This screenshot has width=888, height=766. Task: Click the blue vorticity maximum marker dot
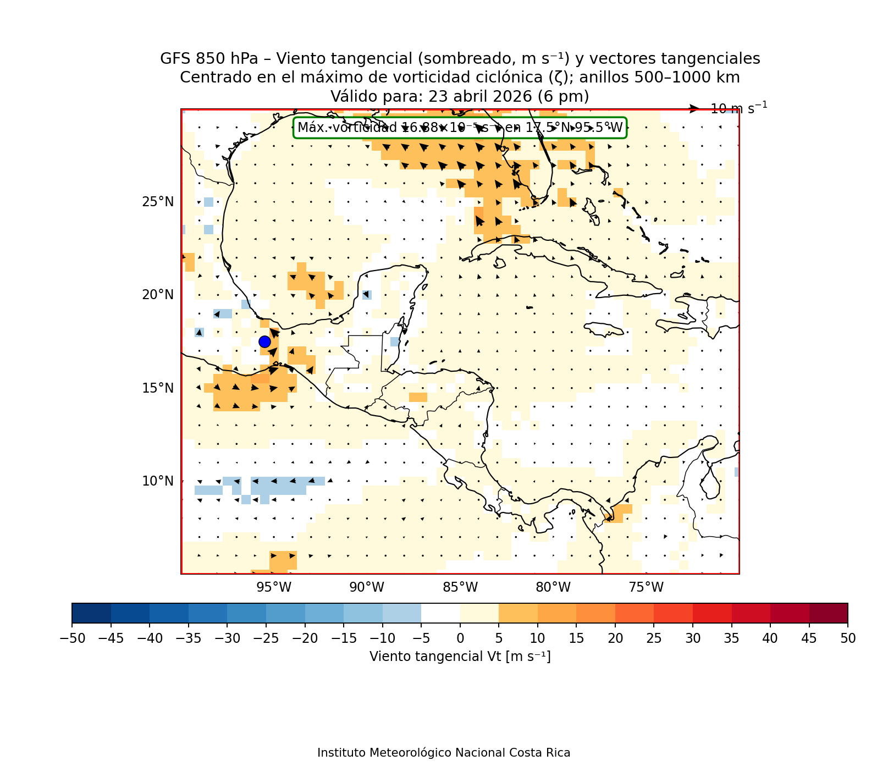(x=264, y=341)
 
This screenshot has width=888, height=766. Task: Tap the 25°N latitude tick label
(x=158, y=202)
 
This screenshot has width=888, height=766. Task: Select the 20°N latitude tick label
(x=158, y=295)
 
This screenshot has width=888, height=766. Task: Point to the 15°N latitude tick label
(x=158, y=388)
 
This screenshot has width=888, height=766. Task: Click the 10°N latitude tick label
(x=158, y=481)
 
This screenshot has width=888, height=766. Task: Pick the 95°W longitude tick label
(x=274, y=587)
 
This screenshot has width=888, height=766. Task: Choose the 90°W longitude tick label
(x=367, y=587)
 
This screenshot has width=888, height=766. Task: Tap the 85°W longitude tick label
(x=460, y=587)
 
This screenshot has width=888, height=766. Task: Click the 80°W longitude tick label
(x=553, y=587)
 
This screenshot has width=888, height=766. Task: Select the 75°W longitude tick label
(x=646, y=587)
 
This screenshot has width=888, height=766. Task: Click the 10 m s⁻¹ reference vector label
(x=738, y=108)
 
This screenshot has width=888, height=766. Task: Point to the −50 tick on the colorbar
(x=71, y=638)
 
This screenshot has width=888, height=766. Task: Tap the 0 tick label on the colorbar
(x=460, y=638)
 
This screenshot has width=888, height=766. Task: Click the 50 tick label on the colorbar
(x=848, y=638)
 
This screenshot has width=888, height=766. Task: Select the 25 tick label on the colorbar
(x=654, y=638)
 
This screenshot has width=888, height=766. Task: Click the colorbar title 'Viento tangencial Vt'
(x=460, y=657)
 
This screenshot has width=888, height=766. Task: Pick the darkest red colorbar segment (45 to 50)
(x=828, y=613)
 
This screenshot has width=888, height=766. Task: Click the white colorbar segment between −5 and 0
(x=440, y=613)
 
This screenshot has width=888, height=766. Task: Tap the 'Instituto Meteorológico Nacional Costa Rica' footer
(x=444, y=753)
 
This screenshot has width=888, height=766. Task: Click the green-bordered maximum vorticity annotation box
(x=460, y=128)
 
